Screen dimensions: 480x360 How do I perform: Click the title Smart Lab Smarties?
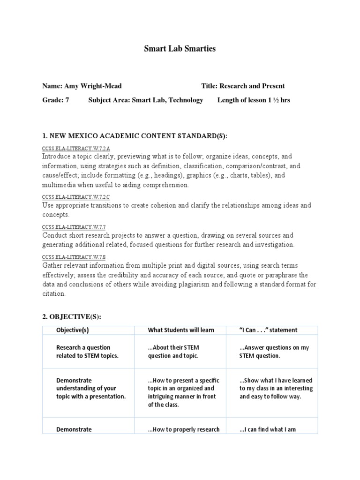[180, 49]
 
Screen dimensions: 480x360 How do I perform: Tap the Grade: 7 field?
[56, 100]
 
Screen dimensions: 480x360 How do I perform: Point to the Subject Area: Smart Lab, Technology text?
[146, 100]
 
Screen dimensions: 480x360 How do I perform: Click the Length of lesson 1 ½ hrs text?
[254, 100]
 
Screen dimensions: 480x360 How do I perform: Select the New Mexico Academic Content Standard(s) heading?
[135, 136]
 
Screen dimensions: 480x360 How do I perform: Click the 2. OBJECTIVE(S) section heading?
[71, 317]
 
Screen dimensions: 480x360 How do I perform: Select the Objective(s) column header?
[73, 330]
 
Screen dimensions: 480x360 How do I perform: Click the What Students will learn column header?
[181, 330]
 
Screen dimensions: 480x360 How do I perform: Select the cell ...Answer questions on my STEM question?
[274, 352]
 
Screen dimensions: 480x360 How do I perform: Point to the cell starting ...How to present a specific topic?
[184, 392]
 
